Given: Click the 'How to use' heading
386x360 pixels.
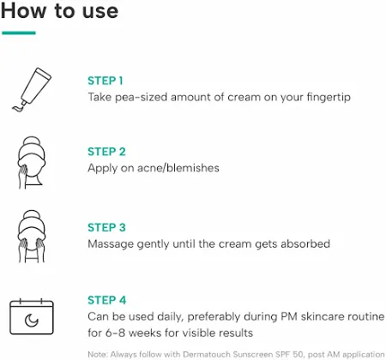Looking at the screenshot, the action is tap(59, 11).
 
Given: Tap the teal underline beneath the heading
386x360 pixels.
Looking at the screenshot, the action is tap(19, 33).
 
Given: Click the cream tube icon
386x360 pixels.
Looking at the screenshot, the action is tap(32, 89).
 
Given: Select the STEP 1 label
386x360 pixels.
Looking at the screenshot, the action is tap(106, 81).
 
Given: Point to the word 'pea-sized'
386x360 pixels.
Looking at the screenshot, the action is tap(141, 98).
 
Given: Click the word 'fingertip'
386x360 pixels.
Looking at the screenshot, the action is tap(329, 98).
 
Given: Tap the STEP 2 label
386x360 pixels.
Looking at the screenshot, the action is tap(106, 152).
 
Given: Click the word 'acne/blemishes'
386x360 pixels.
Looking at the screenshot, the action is tap(178, 168).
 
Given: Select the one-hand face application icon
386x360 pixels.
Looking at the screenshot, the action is tap(31, 162).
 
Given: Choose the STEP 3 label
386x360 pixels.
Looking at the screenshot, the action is tap(106, 228).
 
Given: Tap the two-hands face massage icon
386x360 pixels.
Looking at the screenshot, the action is tap(31, 237).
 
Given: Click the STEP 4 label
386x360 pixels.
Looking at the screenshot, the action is tap(106, 300).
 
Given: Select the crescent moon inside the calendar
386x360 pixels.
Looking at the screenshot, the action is tap(31, 320).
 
